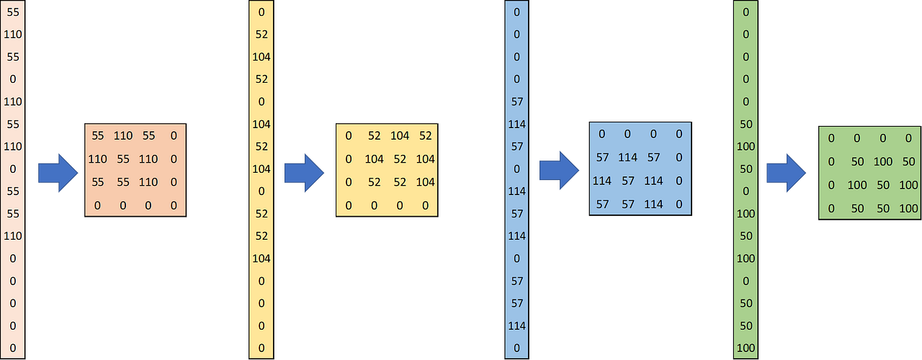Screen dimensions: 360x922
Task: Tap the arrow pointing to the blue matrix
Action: pos(559,171)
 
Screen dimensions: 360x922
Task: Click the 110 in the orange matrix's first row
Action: pos(123,135)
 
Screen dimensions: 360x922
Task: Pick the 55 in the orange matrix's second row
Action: pos(123,159)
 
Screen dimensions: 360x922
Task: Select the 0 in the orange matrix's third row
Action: pos(173,183)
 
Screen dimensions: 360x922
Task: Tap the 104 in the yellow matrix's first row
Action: pos(400,135)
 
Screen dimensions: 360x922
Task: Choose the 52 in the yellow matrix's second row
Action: pos(400,159)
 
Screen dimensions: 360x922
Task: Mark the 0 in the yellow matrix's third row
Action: pos(349,183)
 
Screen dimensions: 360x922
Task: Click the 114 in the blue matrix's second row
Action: pos(628,157)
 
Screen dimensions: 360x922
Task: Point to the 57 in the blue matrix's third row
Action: pos(628,181)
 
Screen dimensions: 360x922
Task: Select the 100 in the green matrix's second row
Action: pos(882,161)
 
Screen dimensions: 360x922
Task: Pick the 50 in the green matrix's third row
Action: pos(882,185)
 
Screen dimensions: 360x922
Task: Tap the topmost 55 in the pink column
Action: pos(12,12)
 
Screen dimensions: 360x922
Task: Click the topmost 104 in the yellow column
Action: pos(261,57)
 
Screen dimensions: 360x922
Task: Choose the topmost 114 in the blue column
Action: pos(516,124)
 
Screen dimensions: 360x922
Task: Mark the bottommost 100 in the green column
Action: pos(746,348)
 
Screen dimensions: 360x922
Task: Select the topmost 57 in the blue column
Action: pos(516,102)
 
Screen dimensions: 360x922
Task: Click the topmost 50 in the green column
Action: pos(746,124)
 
